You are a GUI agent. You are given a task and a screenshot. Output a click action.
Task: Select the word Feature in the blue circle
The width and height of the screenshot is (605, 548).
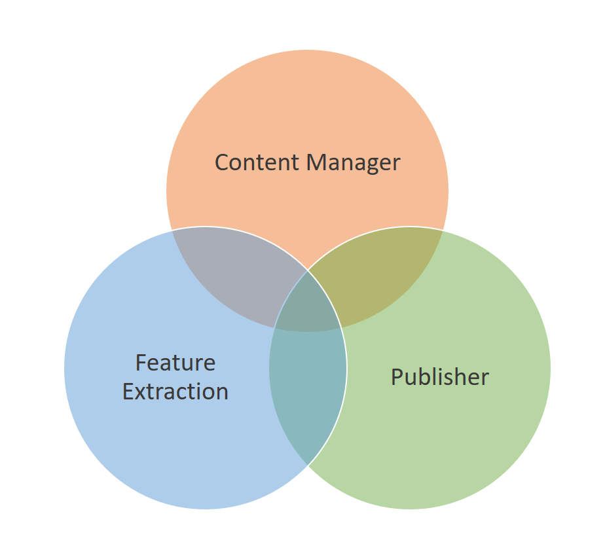click(175, 363)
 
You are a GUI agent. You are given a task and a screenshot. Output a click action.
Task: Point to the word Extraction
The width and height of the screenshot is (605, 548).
click(175, 392)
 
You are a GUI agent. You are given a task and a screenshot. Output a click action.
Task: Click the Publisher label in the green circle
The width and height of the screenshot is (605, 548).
click(439, 377)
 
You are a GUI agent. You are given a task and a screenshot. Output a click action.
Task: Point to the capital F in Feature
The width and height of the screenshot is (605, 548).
click(141, 363)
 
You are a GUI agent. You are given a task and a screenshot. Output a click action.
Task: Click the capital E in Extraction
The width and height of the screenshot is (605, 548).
click(128, 392)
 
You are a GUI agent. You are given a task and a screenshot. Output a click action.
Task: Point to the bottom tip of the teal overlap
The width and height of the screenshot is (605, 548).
click(308, 464)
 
